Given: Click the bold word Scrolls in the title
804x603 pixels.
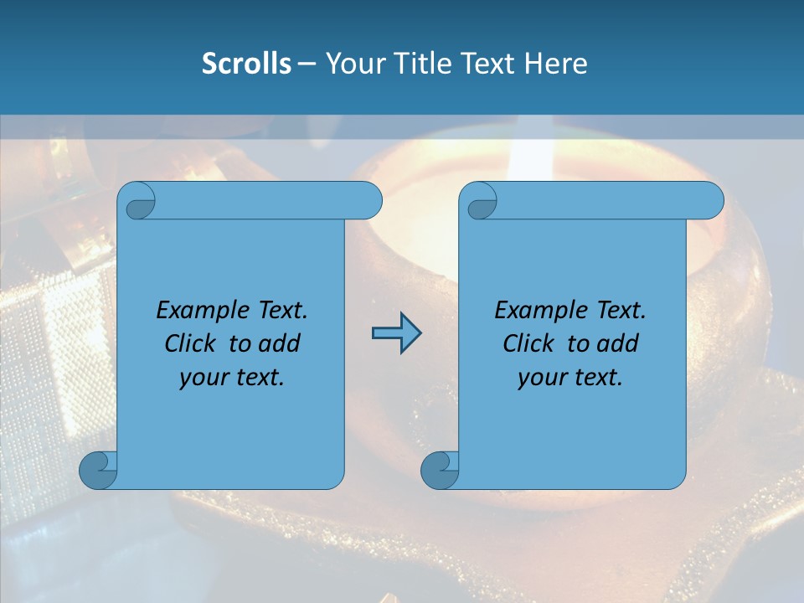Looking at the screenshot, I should tap(247, 64).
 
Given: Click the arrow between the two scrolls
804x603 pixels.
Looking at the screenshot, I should tap(396, 333).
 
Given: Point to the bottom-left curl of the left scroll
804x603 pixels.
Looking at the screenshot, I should tap(98, 469).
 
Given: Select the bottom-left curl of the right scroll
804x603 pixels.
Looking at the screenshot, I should tap(440, 469).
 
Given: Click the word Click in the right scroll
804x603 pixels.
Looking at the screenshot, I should tap(528, 343).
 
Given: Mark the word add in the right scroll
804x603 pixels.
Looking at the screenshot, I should tap(618, 343).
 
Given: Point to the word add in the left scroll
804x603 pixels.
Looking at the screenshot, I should tap(280, 343).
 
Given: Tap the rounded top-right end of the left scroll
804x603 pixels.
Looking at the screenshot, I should tap(368, 201).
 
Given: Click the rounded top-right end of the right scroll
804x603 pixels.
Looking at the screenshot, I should tap(710, 201).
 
